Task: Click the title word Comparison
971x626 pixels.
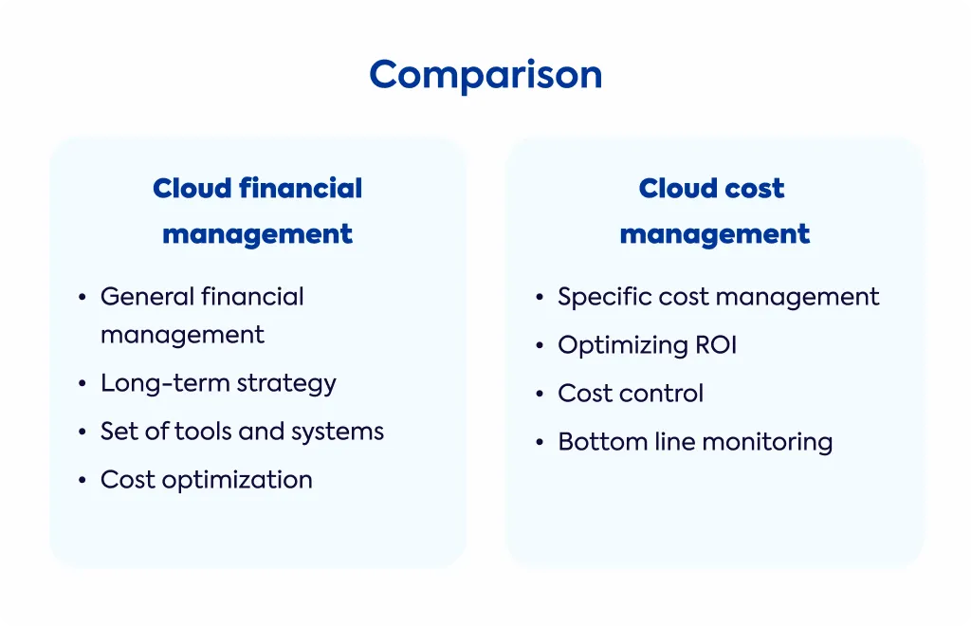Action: (485, 75)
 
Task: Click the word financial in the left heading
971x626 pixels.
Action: (301, 188)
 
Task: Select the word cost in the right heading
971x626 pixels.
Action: (754, 189)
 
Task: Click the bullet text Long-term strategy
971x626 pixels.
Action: (219, 383)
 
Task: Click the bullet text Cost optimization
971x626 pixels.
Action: (207, 480)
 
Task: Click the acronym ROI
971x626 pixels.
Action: (716, 345)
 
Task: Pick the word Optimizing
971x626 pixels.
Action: (622, 345)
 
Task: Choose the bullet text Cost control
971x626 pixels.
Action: (631, 394)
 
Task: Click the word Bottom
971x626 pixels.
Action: (594, 441)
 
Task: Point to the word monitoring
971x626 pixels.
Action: (767, 443)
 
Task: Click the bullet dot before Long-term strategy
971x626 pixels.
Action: (82, 384)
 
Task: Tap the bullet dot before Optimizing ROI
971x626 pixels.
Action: (540, 345)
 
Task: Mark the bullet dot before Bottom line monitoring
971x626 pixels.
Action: (540, 442)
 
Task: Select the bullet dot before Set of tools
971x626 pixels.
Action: (82, 433)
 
